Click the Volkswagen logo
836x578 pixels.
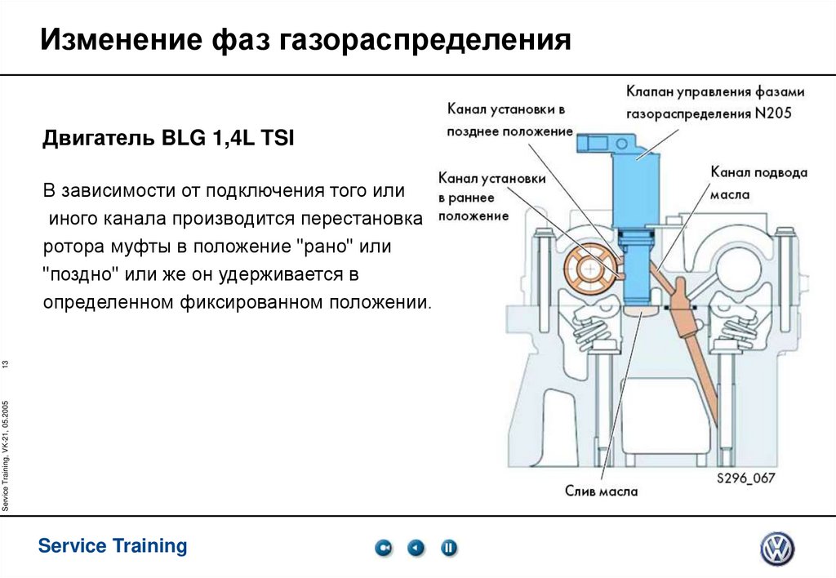(x=777, y=549)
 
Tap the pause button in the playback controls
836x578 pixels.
(x=449, y=549)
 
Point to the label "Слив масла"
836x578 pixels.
(x=602, y=491)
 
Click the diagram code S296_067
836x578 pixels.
(x=746, y=478)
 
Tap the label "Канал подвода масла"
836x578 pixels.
(x=758, y=185)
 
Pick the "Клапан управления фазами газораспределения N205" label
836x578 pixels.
(x=715, y=101)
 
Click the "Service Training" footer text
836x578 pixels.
(x=113, y=546)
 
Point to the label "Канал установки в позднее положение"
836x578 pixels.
(x=506, y=119)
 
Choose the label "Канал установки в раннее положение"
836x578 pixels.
(x=491, y=197)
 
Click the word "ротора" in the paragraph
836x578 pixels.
(x=70, y=246)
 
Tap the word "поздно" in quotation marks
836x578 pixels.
(x=80, y=273)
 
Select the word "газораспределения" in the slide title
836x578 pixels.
(x=427, y=40)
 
